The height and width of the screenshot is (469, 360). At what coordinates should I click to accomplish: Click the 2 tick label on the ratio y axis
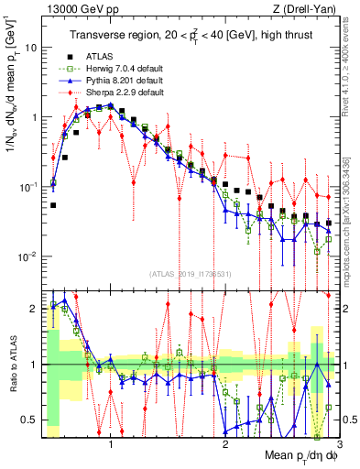(36, 309)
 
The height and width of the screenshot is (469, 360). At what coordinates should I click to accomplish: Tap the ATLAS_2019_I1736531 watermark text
(189, 274)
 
